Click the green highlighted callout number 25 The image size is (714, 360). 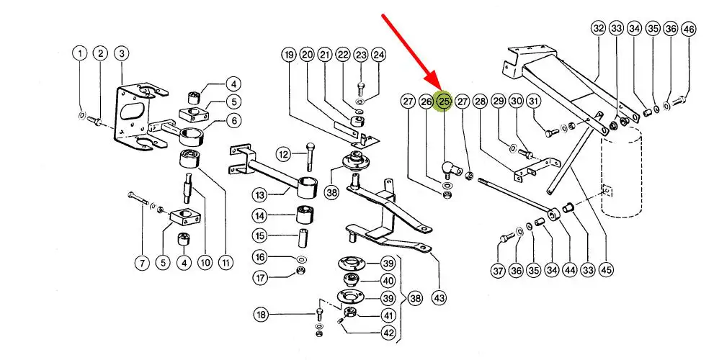pos(444,102)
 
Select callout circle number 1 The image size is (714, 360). pos(80,53)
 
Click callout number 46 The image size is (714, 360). pos(690,29)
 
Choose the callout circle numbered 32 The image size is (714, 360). pos(598,29)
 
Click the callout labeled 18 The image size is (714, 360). pos(261,314)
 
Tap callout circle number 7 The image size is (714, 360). pos(143,264)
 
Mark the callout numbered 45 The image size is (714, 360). pos(606,271)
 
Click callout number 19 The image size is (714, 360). pos(288,55)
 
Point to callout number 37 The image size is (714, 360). pos(498,271)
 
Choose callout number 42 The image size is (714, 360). pos(388,333)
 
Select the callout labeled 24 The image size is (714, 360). pos(379,55)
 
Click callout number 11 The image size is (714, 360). pos(226,264)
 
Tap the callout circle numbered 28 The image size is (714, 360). pos(481,102)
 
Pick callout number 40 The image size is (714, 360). pos(388,281)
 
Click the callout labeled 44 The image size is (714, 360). pos(570,271)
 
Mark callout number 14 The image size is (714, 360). pos(261,215)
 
